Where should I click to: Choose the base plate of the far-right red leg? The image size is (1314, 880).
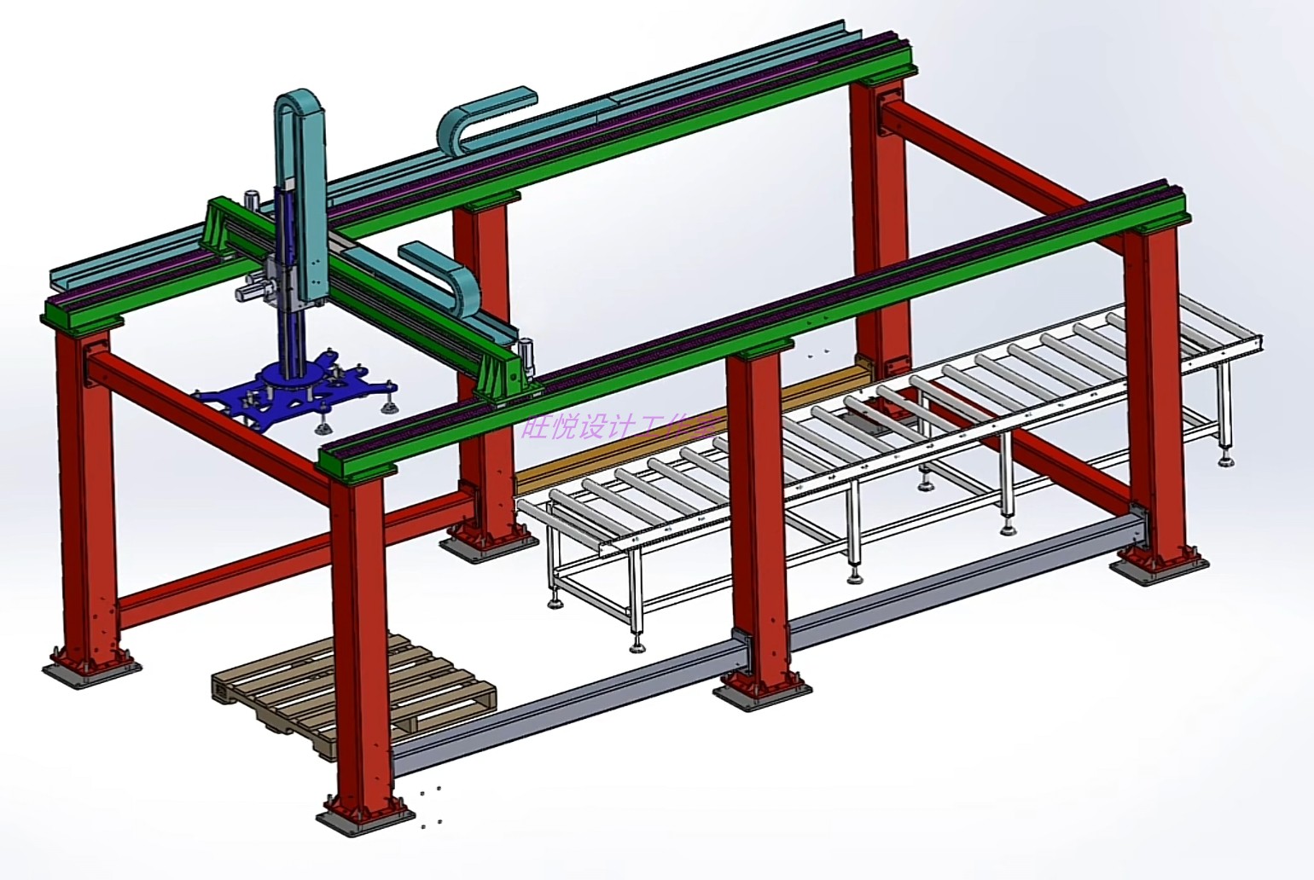click(x=1160, y=567)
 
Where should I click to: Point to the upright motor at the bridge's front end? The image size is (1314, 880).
click(x=526, y=353)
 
